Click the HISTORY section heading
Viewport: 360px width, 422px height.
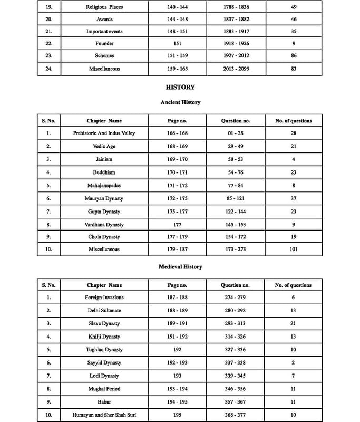pyautogui.click(x=180, y=87)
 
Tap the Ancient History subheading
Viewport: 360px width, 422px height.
pyautogui.click(x=180, y=102)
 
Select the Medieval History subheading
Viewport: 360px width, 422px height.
pyautogui.click(x=180, y=267)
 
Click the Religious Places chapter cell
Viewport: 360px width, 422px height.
pyautogui.click(x=104, y=7)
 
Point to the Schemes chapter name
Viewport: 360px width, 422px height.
pyautogui.click(x=104, y=55)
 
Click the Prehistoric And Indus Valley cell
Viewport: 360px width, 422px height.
pyautogui.click(x=104, y=133)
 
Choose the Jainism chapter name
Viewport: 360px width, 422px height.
pyautogui.click(x=104, y=159)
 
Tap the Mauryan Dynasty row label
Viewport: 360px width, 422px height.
pyautogui.click(x=104, y=198)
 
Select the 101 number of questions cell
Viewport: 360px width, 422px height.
pyautogui.click(x=293, y=249)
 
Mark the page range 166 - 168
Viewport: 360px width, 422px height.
pyautogui.click(x=177, y=133)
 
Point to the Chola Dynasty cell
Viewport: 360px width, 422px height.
pyautogui.click(x=104, y=237)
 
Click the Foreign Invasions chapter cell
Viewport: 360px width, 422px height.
pyautogui.click(x=104, y=298)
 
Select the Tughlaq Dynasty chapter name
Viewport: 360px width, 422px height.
pyautogui.click(x=104, y=349)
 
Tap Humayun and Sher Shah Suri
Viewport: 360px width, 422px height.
pyautogui.click(x=104, y=415)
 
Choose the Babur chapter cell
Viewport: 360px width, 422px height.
pyautogui.click(x=104, y=402)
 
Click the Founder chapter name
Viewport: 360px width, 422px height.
pyautogui.click(x=104, y=43)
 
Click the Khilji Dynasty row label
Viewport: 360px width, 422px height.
pyautogui.click(x=104, y=337)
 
